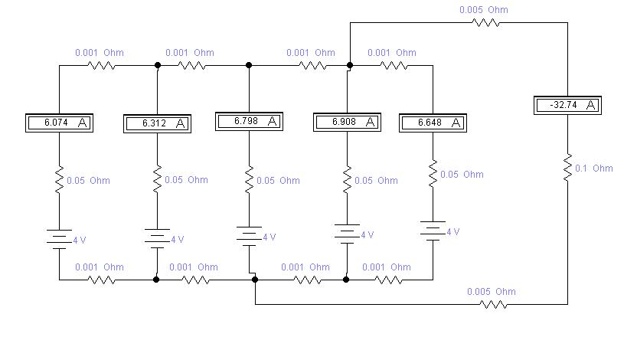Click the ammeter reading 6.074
59,123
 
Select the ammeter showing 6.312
157,123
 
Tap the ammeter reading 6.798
249,122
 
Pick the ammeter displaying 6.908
347,123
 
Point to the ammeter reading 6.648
433,123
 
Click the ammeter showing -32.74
567,105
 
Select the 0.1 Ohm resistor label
594,169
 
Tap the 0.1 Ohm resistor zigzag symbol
567,168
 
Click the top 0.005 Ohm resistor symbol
486,23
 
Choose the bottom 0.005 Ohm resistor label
492,292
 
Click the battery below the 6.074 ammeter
59,239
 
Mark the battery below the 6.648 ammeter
433,231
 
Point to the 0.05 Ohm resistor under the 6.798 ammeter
249,179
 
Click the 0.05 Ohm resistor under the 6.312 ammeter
157,179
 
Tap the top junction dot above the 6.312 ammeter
158,65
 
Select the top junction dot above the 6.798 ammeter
249,65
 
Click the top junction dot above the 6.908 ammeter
350,65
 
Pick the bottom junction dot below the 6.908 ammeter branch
346,280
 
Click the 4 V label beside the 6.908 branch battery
367,235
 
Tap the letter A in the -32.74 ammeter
591,105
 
